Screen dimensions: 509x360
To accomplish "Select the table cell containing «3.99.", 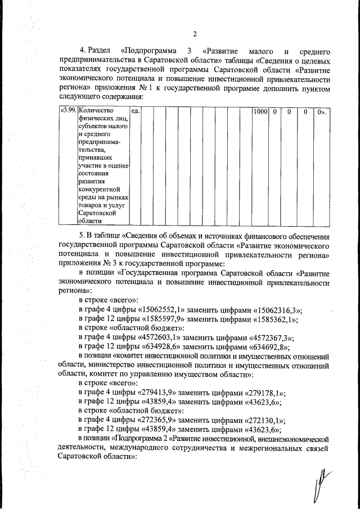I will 68,112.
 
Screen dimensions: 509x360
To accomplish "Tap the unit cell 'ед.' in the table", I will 134,112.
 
